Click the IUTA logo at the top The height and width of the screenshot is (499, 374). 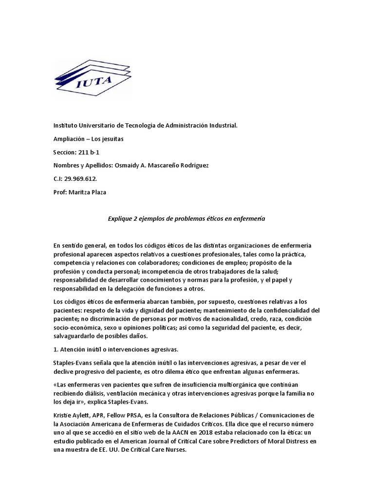(x=93, y=77)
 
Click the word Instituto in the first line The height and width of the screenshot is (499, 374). (x=66, y=126)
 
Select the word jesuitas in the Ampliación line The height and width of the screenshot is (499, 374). (x=113, y=139)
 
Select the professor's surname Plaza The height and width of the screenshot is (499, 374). (x=97, y=192)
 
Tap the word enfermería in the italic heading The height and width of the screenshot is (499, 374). (x=250, y=219)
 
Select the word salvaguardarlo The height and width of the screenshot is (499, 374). (x=76, y=336)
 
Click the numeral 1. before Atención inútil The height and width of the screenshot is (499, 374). (x=56, y=349)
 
